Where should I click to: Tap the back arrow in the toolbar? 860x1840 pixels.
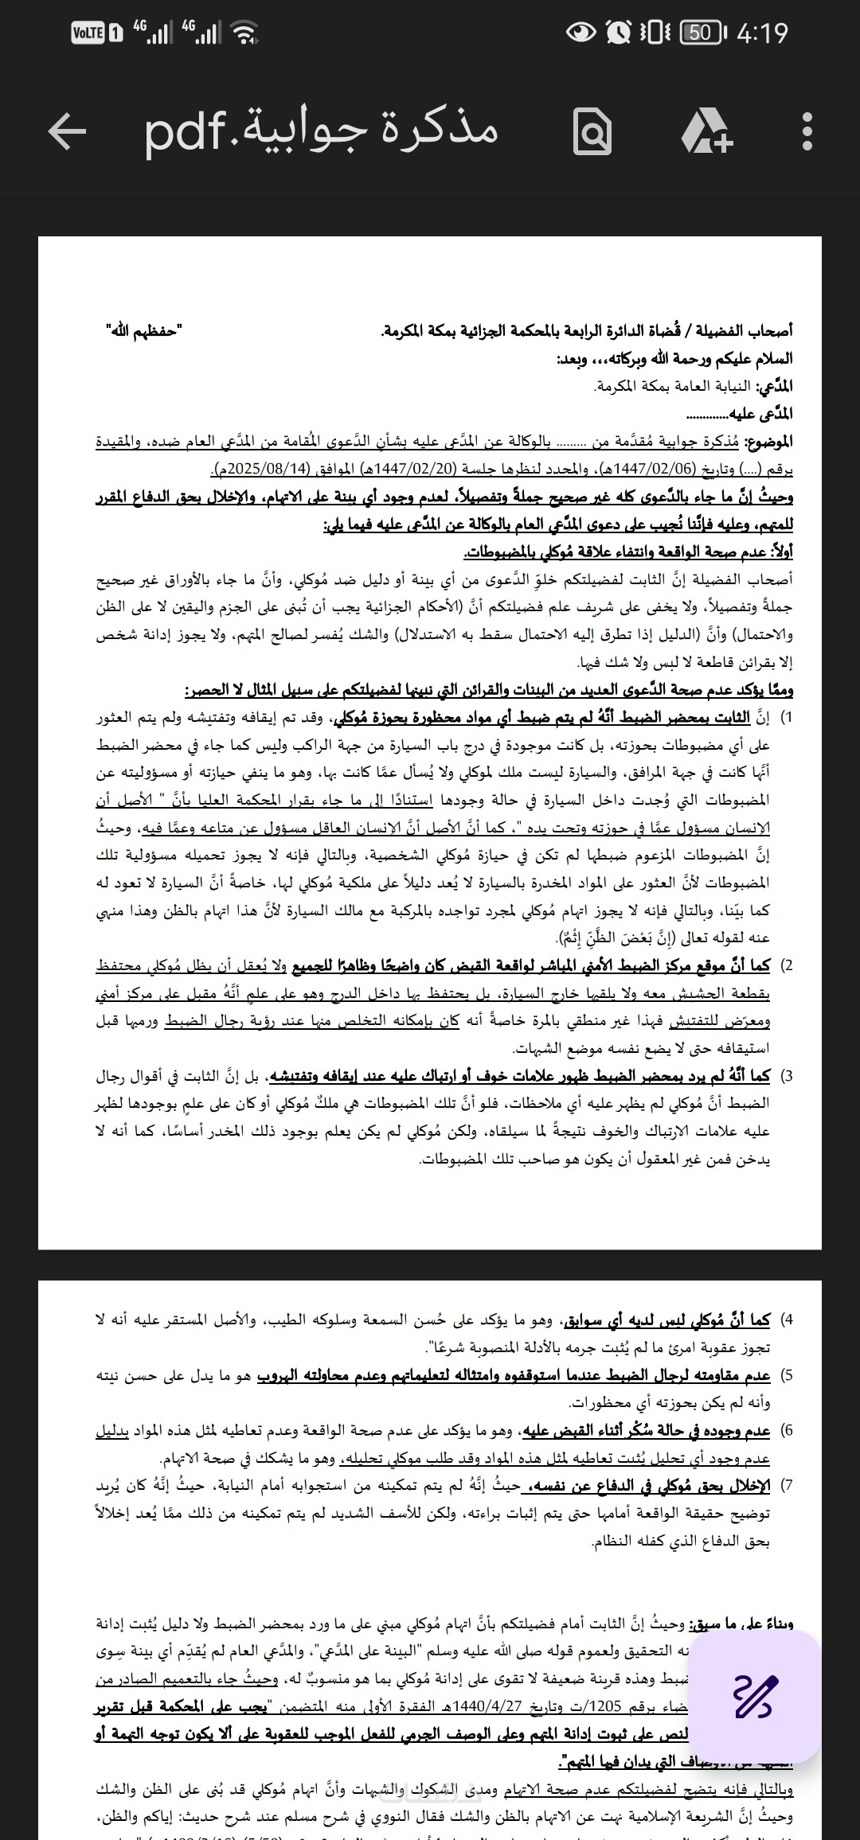tap(67, 131)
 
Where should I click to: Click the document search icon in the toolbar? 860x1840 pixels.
tap(592, 132)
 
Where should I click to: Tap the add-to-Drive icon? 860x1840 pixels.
tap(706, 131)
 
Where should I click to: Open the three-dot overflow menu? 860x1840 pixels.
tap(807, 131)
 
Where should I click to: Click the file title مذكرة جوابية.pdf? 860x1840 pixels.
tap(321, 131)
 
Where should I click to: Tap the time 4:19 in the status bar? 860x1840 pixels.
tap(762, 33)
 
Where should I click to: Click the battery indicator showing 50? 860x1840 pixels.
tap(701, 33)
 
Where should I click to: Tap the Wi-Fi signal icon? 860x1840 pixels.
tap(244, 33)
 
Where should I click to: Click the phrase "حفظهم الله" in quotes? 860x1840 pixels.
tap(144, 330)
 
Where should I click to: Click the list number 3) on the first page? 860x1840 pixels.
tap(786, 1076)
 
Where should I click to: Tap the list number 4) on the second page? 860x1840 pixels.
tap(786, 1320)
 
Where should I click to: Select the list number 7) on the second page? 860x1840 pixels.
tap(786, 1486)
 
